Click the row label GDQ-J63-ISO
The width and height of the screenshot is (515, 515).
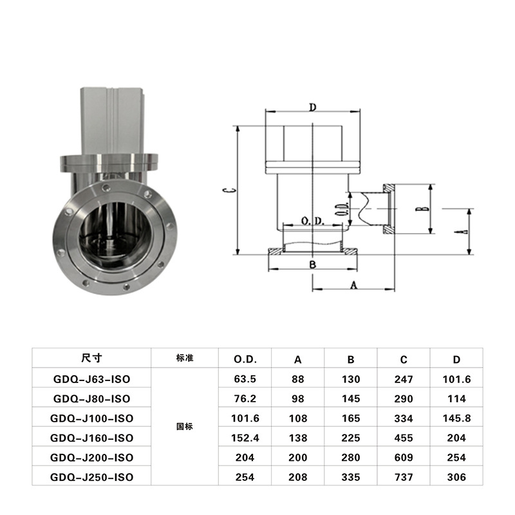coord(91,379)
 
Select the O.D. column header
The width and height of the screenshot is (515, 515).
coord(245,359)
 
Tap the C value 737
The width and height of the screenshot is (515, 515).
coord(404,477)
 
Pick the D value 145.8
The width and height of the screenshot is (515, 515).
coord(456,418)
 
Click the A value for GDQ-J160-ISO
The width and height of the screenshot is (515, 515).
coord(298,438)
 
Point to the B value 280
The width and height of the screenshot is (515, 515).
coord(351,457)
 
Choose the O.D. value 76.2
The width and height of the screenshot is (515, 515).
coord(245,398)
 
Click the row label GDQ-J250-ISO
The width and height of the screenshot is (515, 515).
coord(91,477)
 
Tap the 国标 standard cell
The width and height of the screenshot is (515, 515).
coord(185,426)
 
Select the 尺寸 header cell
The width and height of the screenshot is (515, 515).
coord(91,358)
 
